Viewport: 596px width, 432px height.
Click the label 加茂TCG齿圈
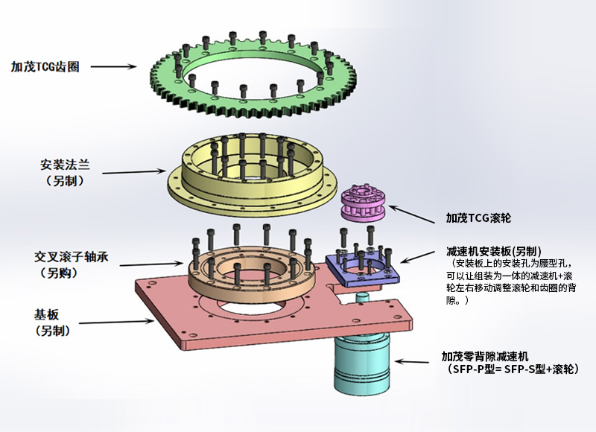click(45, 66)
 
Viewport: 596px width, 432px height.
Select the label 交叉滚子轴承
click(72, 256)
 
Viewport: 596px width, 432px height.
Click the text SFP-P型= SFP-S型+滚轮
click(510, 369)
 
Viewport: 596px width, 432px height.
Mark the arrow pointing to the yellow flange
click(134, 172)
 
